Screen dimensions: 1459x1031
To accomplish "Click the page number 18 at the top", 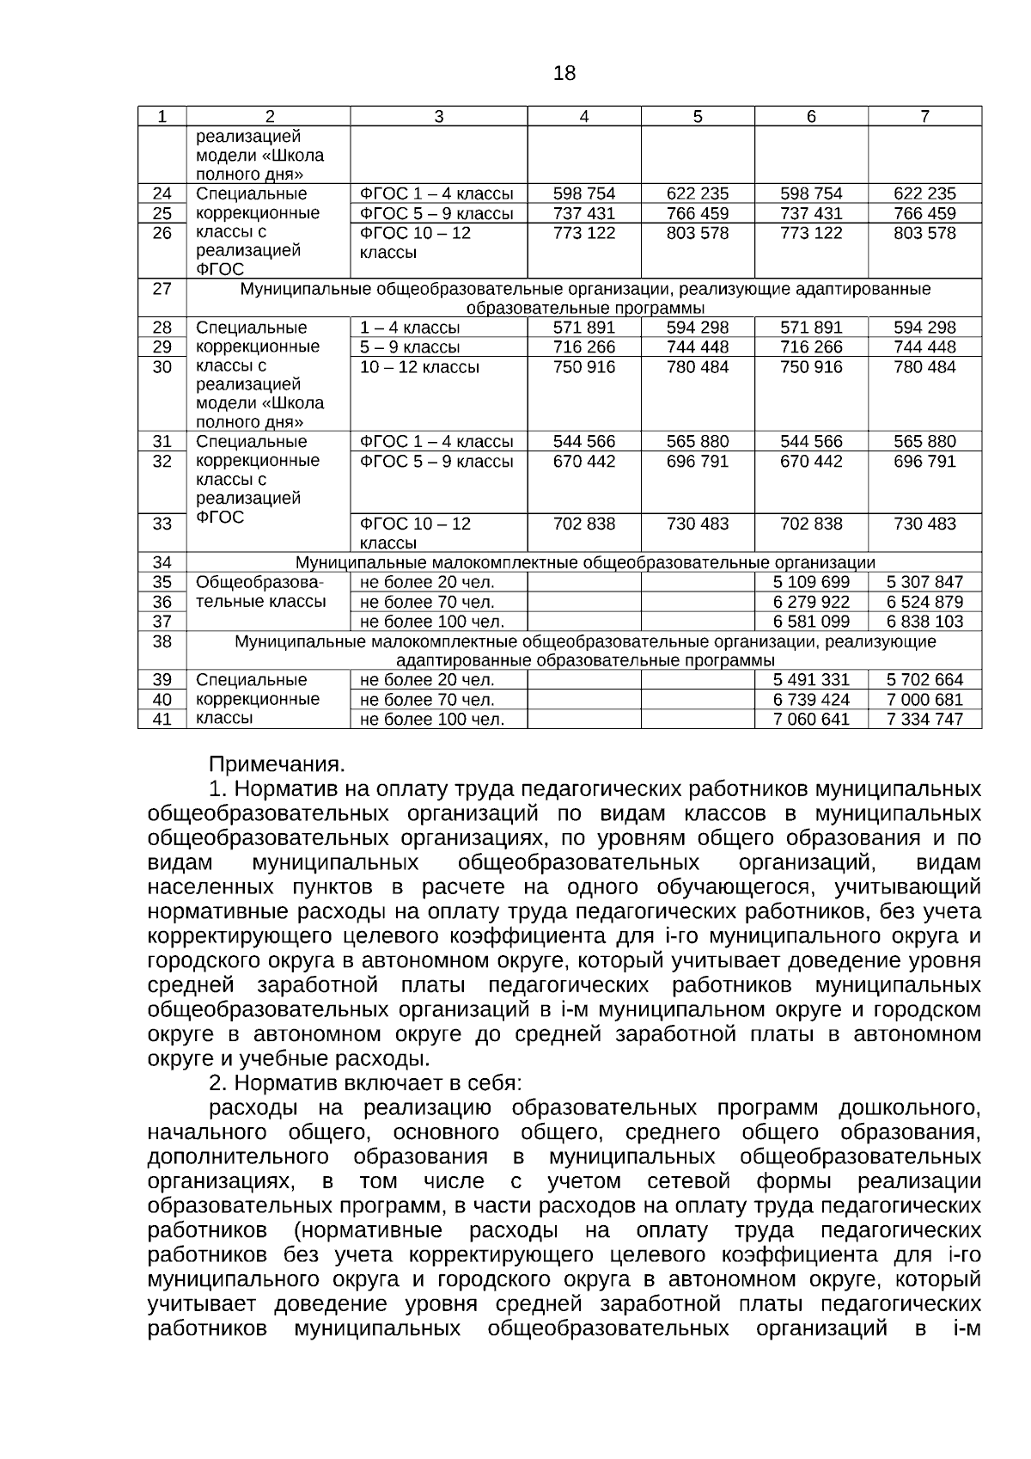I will click(564, 73).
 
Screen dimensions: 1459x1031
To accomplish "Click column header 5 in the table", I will click(697, 117).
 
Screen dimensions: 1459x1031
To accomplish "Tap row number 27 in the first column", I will click(162, 289).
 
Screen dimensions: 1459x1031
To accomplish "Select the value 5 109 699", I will click(811, 582).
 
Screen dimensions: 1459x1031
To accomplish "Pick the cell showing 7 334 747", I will click(924, 719).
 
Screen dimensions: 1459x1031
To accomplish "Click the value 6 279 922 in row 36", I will click(811, 602).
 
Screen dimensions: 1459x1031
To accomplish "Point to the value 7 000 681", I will click(924, 700).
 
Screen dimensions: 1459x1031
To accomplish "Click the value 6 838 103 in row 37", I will click(924, 622).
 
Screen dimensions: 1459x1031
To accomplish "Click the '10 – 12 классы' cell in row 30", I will click(419, 367).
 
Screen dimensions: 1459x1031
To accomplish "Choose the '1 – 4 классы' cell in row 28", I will click(410, 328).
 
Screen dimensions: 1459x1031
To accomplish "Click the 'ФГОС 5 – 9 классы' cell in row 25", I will click(436, 213).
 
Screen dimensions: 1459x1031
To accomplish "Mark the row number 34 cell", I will click(162, 562).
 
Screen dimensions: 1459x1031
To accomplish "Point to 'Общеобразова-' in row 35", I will click(260, 582).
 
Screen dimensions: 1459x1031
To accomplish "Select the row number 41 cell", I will click(162, 719).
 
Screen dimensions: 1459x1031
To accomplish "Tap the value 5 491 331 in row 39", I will click(811, 679).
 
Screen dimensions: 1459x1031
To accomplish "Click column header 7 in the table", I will click(924, 117).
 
